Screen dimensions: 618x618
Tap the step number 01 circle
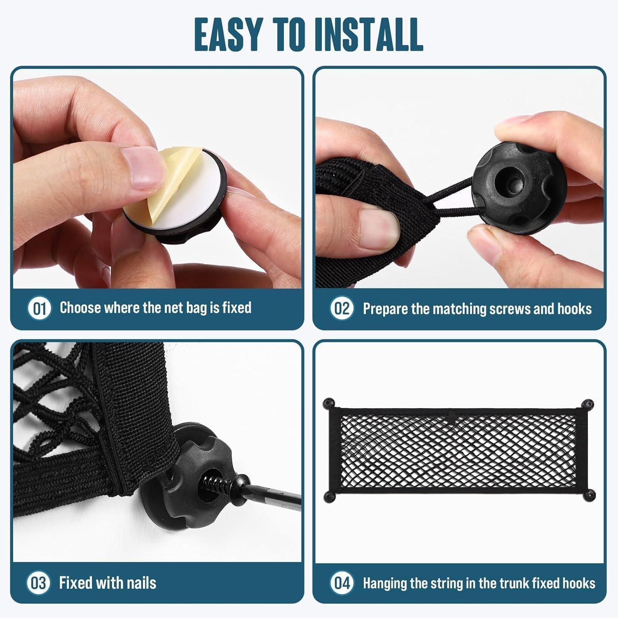pyautogui.click(x=39, y=309)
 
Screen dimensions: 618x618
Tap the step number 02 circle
pyautogui.click(x=342, y=309)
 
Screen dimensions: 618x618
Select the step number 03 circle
pyautogui.click(x=39, y=583)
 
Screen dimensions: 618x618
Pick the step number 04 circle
pyautogui.click(x=342, y=583)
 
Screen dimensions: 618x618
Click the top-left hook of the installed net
pyautogui.click(x=328, y=403)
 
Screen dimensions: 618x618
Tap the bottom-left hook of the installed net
pyautogui.click(x=328, y=495)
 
